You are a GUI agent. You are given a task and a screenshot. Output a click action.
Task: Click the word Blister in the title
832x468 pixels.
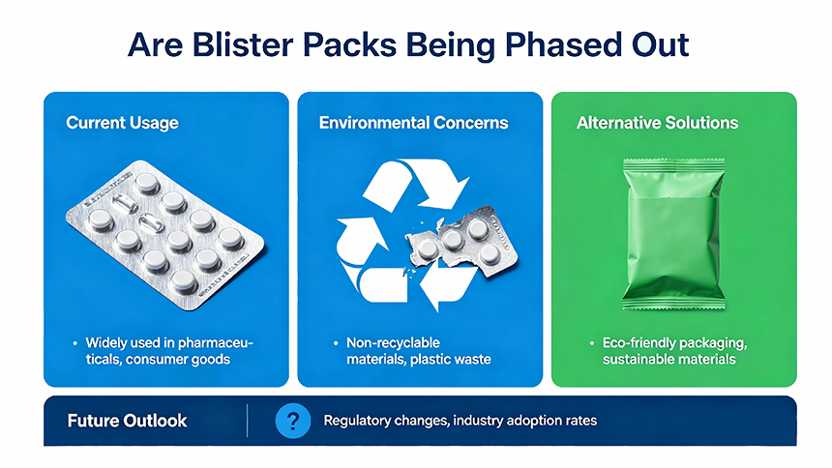tap(245, 44)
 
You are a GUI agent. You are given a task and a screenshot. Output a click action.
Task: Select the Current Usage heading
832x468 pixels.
tap(122, 123)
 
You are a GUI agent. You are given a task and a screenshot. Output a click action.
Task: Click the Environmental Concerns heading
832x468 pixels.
tap(413, 123)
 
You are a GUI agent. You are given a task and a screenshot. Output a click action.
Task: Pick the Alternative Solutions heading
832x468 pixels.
tap(657, 123)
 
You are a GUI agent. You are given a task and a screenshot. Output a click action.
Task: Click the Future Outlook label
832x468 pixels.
tap(127, 421)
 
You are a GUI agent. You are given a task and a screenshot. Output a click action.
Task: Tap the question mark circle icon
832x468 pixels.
tap(292, 421)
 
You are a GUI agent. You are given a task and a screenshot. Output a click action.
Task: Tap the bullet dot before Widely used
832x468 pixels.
tap(74, 343)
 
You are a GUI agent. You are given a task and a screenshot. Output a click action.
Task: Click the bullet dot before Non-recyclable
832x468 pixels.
tap(336, 343)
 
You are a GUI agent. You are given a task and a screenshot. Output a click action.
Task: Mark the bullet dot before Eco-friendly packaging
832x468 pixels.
tap(591, 343)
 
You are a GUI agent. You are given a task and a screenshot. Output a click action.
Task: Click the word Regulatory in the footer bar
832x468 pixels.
tap(359, 421)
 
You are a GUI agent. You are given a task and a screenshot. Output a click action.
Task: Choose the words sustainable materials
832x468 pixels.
tap(669, 360)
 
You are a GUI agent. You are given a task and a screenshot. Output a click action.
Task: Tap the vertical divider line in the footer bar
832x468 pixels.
tap(248, 421)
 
